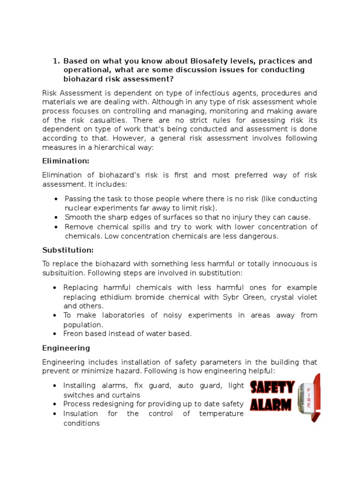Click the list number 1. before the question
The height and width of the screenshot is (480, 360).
56,61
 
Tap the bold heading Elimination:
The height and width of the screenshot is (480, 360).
66,161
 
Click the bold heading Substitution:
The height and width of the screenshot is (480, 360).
68,250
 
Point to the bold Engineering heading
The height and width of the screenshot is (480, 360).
66,348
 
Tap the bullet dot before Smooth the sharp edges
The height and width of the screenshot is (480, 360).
56,217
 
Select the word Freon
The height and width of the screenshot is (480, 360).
73,333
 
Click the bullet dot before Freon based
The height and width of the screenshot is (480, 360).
56,334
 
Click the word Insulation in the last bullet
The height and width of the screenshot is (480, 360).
81,413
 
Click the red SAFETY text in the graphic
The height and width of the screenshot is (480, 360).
272,387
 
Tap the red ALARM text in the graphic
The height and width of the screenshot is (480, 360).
272,404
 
